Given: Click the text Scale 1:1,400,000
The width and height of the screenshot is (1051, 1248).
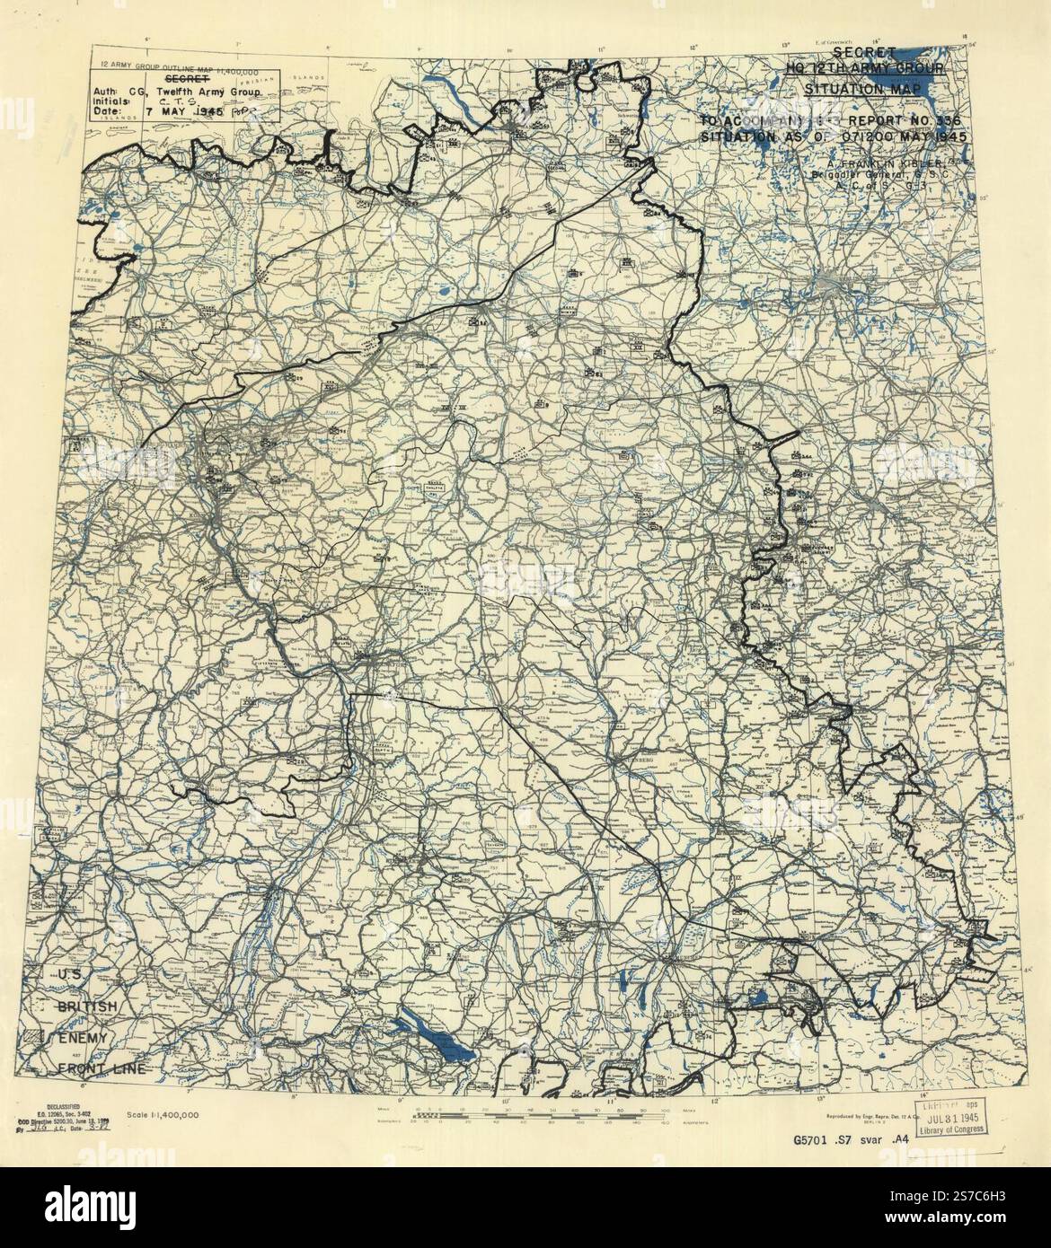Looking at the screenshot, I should (163, 1114).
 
